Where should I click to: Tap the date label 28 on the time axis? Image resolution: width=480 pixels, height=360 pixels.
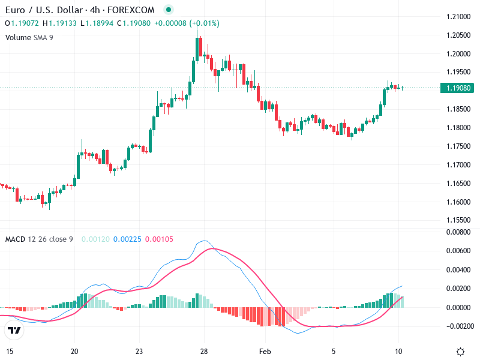(204, 351)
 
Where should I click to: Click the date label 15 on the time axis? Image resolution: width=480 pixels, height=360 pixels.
(10, 351)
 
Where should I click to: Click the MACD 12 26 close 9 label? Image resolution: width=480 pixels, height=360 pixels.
(39, 239)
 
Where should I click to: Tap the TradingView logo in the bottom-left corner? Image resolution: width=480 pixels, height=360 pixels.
(14, 330)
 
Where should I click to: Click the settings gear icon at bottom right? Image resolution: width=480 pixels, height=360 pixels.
(461, 352)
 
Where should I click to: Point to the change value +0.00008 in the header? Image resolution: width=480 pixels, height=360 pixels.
(172, 23)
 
